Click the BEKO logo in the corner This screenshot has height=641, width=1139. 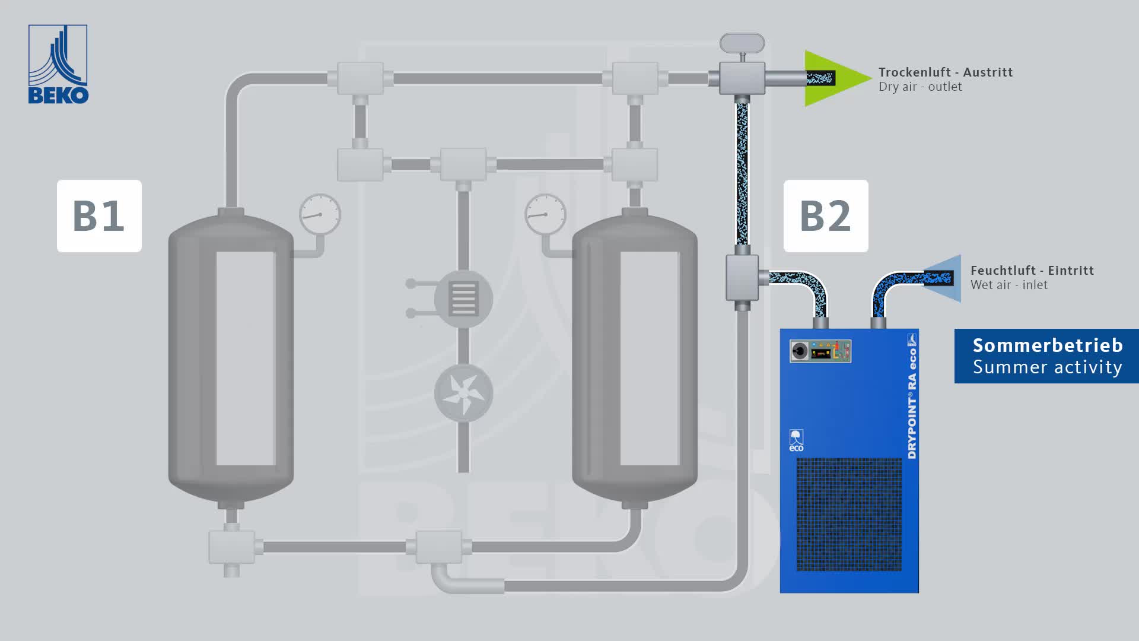tap(58, 64)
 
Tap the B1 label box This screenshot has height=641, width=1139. tap(99, 216)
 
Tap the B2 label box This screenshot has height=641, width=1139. tap(825, 216)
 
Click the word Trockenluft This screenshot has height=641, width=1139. tap(914, 72)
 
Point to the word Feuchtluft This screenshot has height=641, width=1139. tap(1003, 271)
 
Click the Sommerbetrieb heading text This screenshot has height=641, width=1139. tap(1047, 345)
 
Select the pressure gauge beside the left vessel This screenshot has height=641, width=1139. tap(320, 214)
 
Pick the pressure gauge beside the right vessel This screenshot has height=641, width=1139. tap(545, 214)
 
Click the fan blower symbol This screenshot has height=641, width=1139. tap(463, 393)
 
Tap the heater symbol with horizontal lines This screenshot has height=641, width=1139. tap(463, 299)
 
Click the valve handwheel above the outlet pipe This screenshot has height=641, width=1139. tap(742, 43)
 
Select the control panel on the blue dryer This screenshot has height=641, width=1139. tap(820, 351)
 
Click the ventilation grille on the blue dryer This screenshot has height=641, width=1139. tap(848, 514)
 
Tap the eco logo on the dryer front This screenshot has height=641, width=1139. tap(796, 440)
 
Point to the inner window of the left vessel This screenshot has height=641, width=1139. tap(246, 358)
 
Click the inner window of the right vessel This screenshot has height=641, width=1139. tap(649, 358)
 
